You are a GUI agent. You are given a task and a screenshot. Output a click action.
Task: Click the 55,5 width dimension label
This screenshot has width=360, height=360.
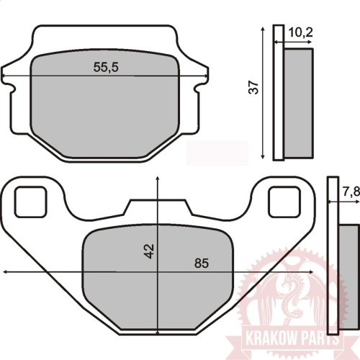[106, 67]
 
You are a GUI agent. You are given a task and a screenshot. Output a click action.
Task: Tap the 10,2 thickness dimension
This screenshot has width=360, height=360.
[301, 32]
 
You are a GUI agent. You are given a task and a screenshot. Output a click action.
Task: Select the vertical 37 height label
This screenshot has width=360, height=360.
[253, 87]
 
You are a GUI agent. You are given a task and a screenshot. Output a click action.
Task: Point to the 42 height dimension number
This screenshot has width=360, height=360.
[149, 251]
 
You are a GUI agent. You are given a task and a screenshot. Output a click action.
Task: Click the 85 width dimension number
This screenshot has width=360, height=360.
[202, 264]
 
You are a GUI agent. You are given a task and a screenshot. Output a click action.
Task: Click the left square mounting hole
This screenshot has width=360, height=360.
[30, 202]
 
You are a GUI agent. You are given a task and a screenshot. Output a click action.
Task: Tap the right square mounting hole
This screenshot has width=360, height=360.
[284, 202]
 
